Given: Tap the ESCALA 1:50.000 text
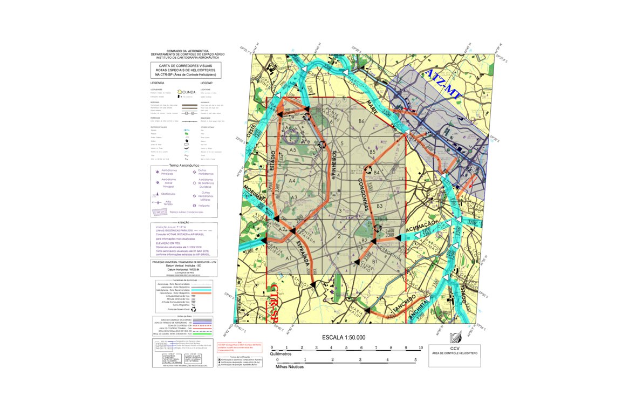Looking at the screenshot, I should (343, 337).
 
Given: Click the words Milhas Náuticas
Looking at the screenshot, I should (290, 366).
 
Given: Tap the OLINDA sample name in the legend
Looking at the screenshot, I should (188, 92).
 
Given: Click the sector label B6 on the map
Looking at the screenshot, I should (362, 122).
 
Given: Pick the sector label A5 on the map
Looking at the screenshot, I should (293, 149).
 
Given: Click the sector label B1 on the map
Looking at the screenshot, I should (374, 261).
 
